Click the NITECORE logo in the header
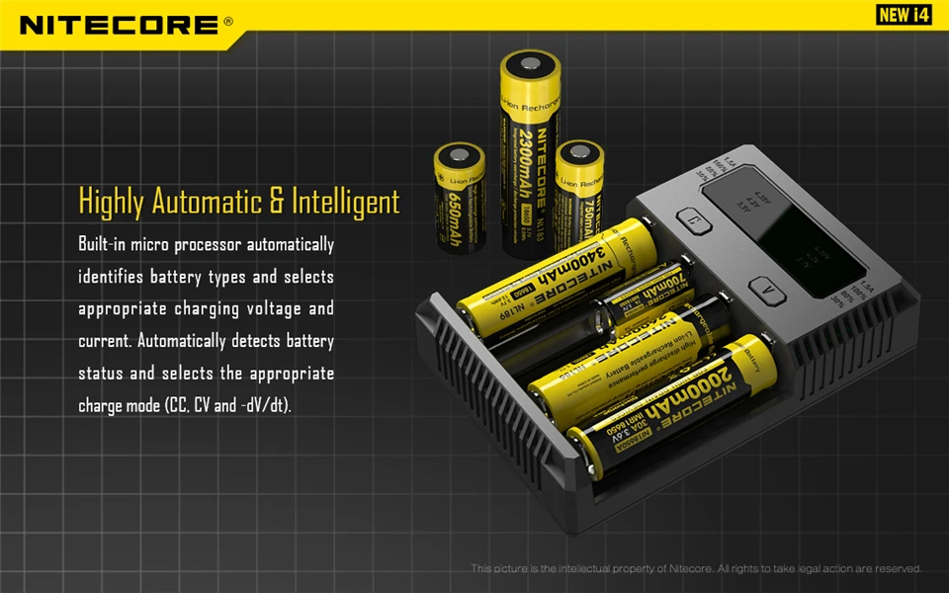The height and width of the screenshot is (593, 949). coord(119,24)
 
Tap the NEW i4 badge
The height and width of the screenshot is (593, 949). coord(905,15)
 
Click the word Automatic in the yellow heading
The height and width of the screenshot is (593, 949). coord(206,201)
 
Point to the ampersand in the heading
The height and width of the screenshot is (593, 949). coord(276,201)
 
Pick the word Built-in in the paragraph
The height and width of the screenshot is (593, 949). coord(103,244)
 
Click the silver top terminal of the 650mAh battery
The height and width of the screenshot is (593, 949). coord(461,154)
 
